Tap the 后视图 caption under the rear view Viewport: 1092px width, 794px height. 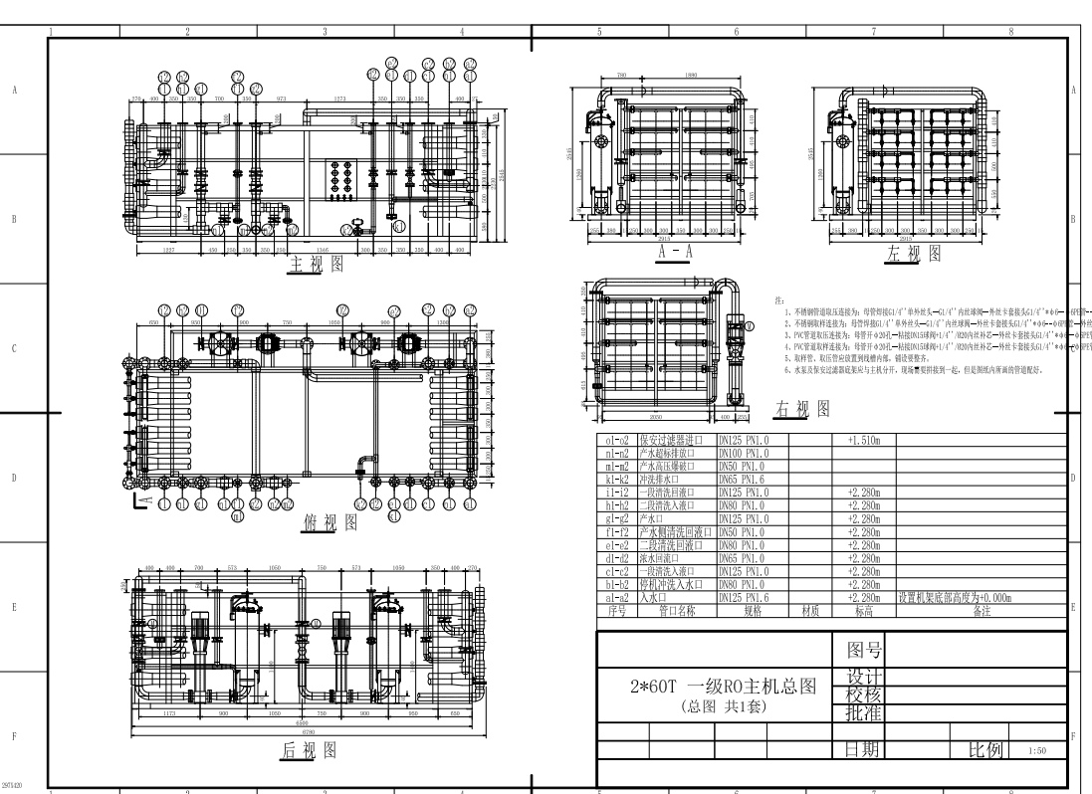[x=307, y=751]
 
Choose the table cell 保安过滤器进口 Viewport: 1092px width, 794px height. [x=674, y=438]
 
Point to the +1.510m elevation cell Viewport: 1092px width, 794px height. [x=863, y=438]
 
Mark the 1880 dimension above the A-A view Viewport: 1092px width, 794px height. [x=689, y=75]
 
